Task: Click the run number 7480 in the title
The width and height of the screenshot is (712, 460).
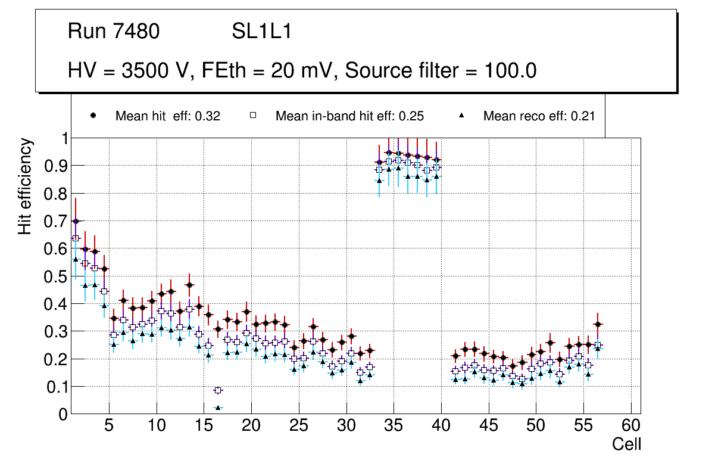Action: pos(137,32)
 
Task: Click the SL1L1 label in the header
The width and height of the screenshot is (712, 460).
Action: pos(262,32)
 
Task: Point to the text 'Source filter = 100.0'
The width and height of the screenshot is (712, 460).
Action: pos(441,71)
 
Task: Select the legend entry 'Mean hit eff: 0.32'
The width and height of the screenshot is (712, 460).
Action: pos(167,116)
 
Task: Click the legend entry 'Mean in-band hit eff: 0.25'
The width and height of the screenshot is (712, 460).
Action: pos(349,116)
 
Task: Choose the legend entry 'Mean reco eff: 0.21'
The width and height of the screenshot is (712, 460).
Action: pos(539,116)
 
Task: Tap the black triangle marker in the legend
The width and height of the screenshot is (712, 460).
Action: pos(462,116)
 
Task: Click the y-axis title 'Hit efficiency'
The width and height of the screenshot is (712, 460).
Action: pos(25,187)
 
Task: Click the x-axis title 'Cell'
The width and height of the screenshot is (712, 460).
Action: pos(626,444)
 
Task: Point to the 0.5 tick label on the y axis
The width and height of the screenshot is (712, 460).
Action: pos(57,276)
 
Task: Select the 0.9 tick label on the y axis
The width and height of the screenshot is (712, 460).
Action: pos(57,166)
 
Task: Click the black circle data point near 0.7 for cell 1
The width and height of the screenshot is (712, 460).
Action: pos(76,221)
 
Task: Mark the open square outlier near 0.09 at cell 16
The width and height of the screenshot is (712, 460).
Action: pos(218,390)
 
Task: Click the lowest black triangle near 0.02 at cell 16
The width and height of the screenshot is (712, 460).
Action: pos(218,408)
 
